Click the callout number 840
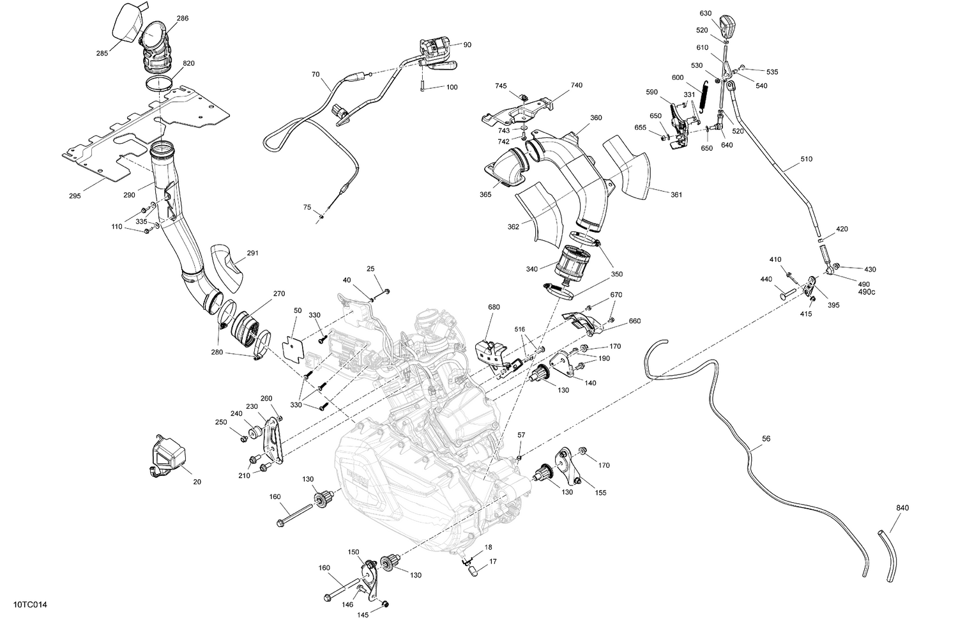coord(902,508)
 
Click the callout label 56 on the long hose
coord(766,439)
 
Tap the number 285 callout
coord(102,54)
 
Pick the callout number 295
coord(75,196)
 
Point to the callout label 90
coord(468,45)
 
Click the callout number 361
coord(676,195)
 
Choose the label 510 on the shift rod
coord(806,159)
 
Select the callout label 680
coord(493,307)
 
